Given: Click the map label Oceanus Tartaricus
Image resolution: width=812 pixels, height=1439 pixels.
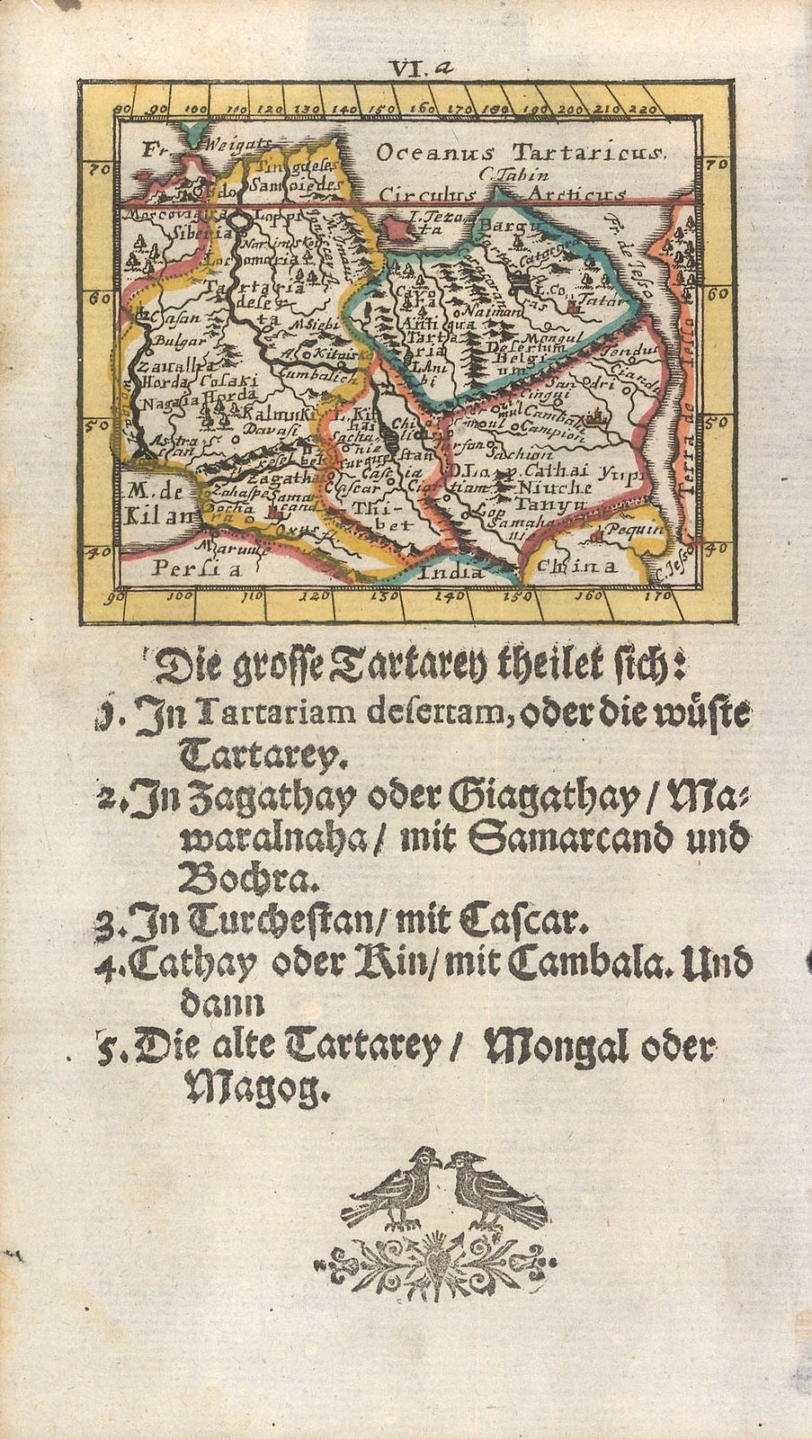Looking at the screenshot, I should (521, 153).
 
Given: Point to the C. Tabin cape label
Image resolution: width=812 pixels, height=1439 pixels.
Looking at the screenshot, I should (509, 175).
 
